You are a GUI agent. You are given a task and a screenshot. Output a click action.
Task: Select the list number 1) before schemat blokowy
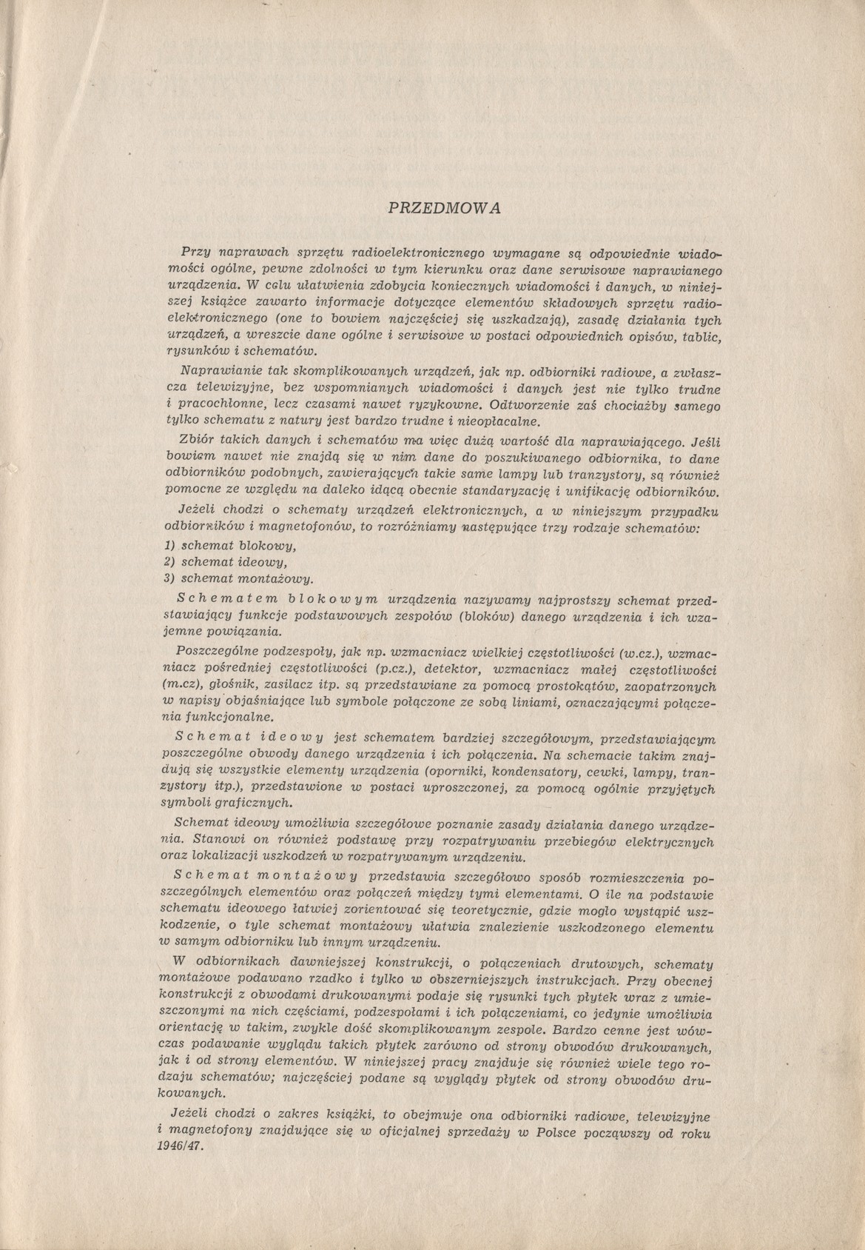coord(169,546)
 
